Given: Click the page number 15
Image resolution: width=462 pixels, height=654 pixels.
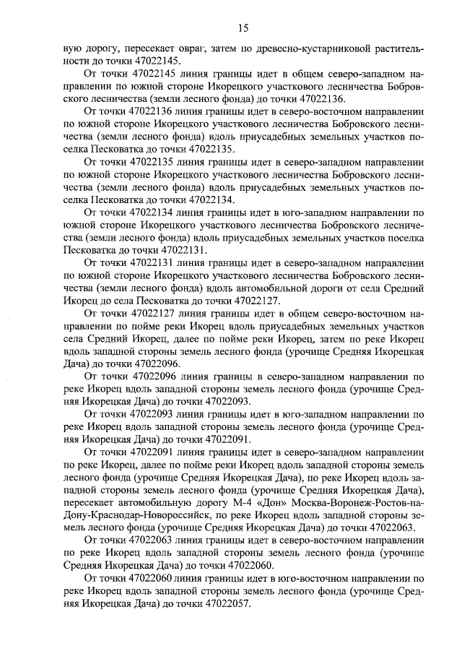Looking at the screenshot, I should coord(242,28).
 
